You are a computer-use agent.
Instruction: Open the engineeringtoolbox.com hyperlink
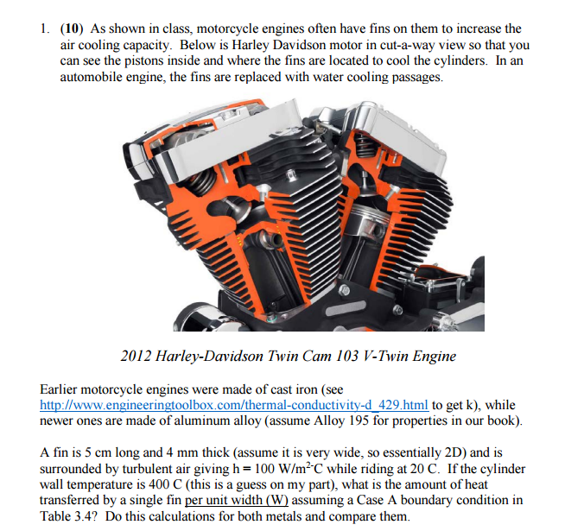tap(234, 405)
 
